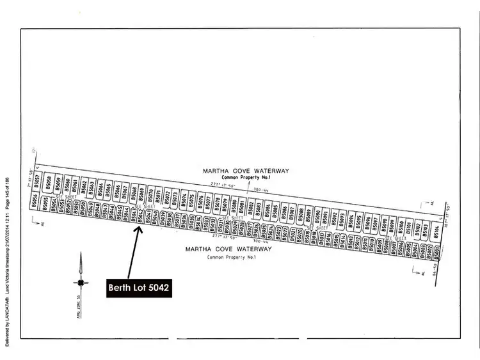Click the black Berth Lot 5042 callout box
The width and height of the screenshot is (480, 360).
[139, 288]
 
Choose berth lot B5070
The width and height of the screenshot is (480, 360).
[150, 193]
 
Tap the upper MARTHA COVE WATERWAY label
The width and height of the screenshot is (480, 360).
[246, 171]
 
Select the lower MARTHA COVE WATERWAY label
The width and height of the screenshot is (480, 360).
[228, 249]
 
